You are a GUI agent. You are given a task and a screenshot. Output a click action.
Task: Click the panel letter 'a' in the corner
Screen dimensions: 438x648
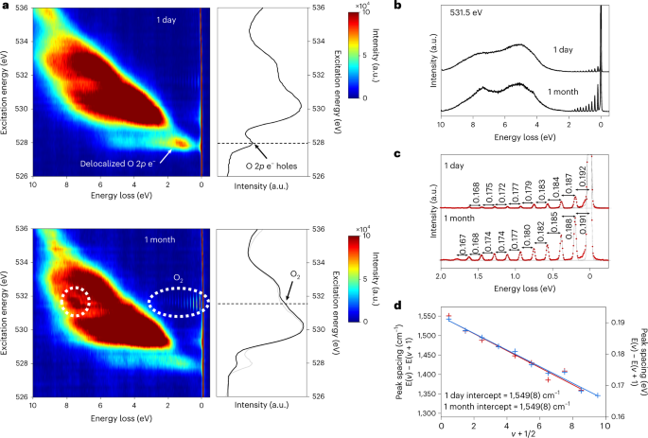click(x=5, y=6)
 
